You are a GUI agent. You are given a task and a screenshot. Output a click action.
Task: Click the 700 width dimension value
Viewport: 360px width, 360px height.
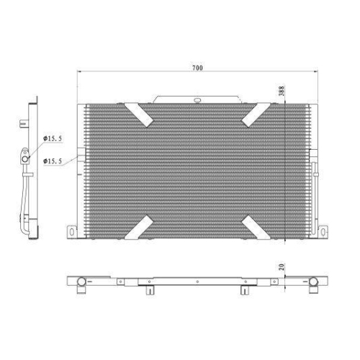point(197,68)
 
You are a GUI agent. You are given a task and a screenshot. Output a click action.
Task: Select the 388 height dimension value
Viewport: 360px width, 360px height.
point(282,91)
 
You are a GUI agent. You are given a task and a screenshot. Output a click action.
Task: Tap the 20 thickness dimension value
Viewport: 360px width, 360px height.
point(282,269)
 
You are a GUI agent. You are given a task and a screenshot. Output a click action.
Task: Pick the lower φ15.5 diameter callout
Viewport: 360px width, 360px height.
point(53,161)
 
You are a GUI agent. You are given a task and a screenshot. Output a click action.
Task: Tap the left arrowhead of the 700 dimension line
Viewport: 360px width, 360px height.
point(78,72)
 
